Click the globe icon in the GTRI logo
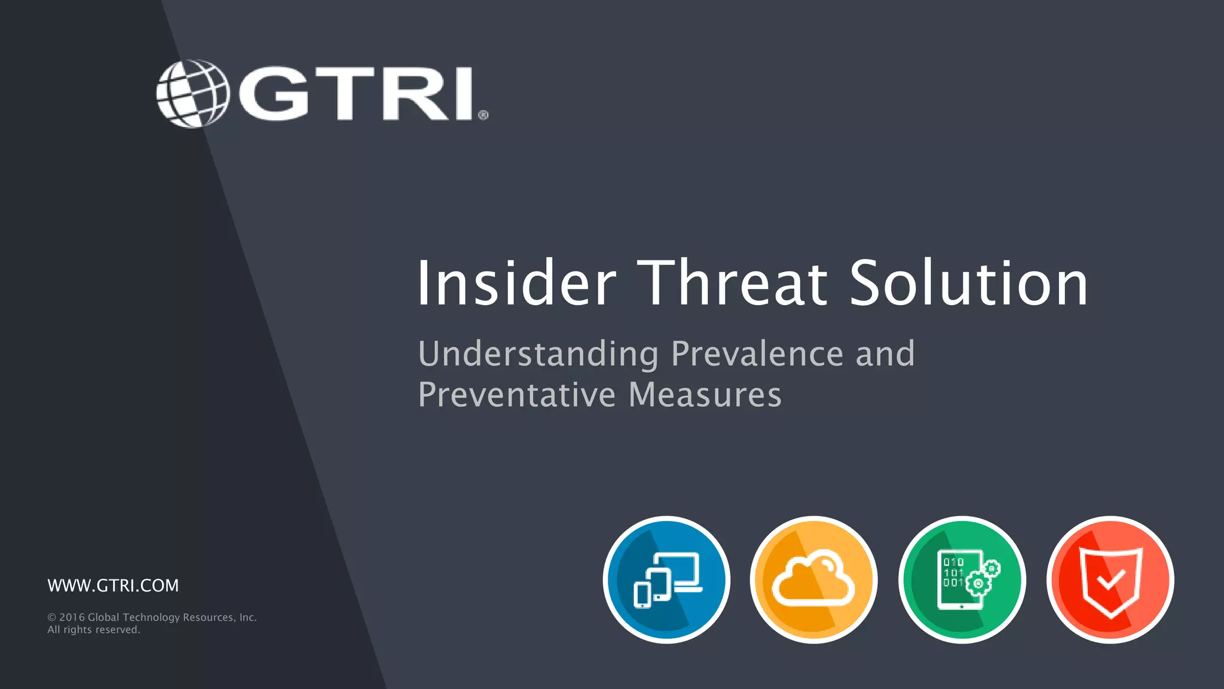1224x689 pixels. coord(192,93)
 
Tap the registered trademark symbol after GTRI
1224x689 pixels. coord(483,115)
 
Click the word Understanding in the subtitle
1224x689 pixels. coord(538,354)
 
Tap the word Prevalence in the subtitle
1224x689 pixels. coord(757,354)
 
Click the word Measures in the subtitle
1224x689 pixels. coord(705,395)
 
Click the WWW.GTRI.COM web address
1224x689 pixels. coord(113,586)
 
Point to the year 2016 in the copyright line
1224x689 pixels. coord(72,617)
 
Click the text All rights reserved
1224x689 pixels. coord(94,630)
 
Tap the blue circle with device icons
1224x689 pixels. coord(666,580)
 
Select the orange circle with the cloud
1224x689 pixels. coord(813,580)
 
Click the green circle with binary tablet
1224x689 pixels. coord(962,580)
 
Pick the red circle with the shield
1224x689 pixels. coord(1110,580)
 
